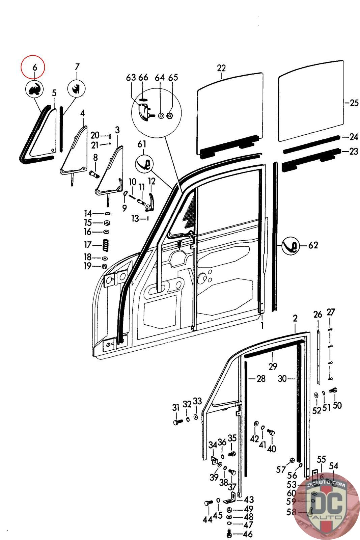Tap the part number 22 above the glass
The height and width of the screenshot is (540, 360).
pyautogui.click(x=221, y=68)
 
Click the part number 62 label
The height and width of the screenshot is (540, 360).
pyautogui.click(x=313, y=245)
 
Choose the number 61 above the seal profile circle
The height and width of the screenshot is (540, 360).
pyautogui.click(x=142, y=144)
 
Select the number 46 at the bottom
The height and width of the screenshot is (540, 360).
pyautogui.click(x=247, y=534)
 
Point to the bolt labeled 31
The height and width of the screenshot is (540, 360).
pyautogui.click(x=177, y=422)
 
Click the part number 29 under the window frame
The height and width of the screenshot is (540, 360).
pyautogui.click(x=273, y=366)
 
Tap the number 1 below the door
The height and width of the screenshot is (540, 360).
pyautogui.click(x=262, y=326)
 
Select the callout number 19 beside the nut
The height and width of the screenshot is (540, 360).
pyautogui.click(x=88, y=266)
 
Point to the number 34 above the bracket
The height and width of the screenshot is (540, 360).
pyautogui.click(x=213, y=445)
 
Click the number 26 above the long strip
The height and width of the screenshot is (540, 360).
pyautogui.click(x=318, y=315)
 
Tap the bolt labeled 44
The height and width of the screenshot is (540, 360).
pyautogui.click(x=207, y=503)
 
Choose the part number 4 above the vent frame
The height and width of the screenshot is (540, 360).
pyautogui.click(x=82, y=113)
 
